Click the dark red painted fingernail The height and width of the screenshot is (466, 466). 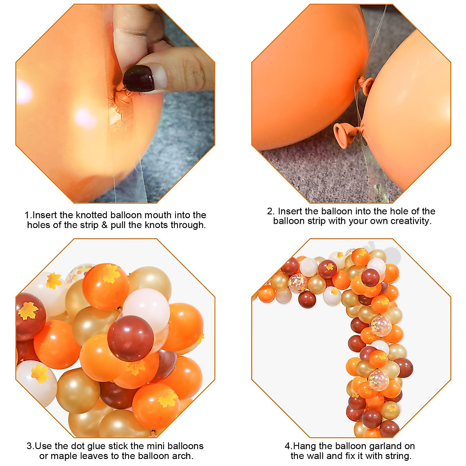139,78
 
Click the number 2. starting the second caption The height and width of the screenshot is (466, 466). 271,212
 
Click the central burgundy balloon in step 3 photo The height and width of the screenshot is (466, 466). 130,337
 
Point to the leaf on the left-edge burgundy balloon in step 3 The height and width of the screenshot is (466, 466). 28,310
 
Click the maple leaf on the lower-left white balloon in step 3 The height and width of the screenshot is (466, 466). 40,373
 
